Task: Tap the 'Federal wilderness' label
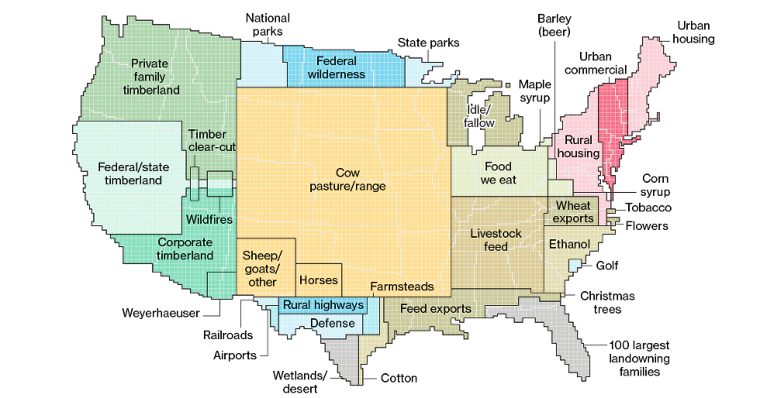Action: [x=336, y=67]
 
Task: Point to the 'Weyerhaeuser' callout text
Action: [x=161, y=313]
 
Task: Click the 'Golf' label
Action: [x=607, y=266]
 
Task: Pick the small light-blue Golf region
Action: [x=575, y=266]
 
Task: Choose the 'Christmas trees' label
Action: [x=607, y=303]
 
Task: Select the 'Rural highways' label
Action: [x=323, y=305]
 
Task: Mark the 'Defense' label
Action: [x=332, y=323]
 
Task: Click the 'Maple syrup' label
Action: [x=534, y=91]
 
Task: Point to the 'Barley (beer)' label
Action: [x=554, y=25]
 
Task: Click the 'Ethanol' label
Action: [x=569, y=244]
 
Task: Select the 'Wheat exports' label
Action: [x=574, y=211]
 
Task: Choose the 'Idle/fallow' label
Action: [x=478, y=115]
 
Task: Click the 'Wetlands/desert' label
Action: [x=300, y=382]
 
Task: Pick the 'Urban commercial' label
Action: [x=595, y=63]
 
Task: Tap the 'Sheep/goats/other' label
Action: [x=263, y=268]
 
